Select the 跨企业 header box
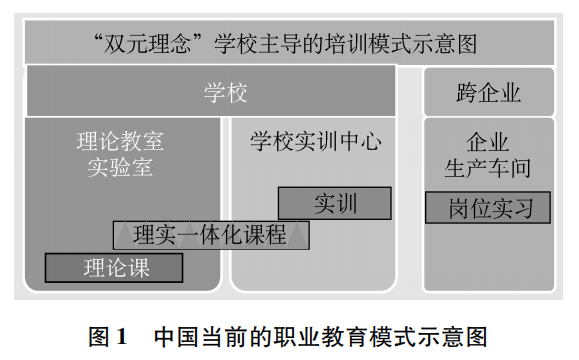click(x=488, y=93)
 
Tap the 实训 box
click(x=335, y=203)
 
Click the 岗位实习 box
click(x=487, y=208)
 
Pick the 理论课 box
click(x=114, y=267)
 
